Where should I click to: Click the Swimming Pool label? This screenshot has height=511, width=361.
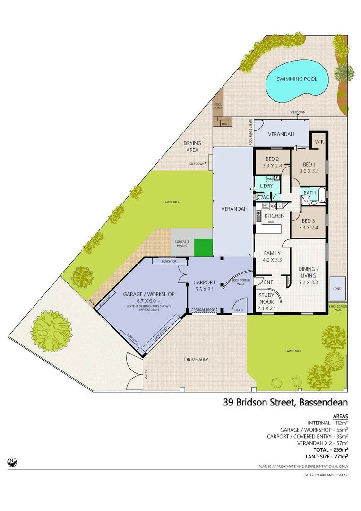[x=296, y=79]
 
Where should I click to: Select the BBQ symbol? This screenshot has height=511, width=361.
[x=224, y=123]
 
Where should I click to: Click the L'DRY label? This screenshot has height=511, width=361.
[x=264, y=185]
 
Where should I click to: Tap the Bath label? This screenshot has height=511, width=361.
[x=309, y=193]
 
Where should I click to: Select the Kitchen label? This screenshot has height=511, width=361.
[x=274, y=216]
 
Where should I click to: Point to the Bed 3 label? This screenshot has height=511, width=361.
[x=308, y=221]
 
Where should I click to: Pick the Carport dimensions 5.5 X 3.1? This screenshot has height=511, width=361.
[x=204, y=290]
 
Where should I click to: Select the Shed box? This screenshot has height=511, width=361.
[x=337, y=288]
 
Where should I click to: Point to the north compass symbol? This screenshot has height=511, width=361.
[x=10, y=460]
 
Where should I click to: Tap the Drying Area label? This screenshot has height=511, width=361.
[x=192, y=146]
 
